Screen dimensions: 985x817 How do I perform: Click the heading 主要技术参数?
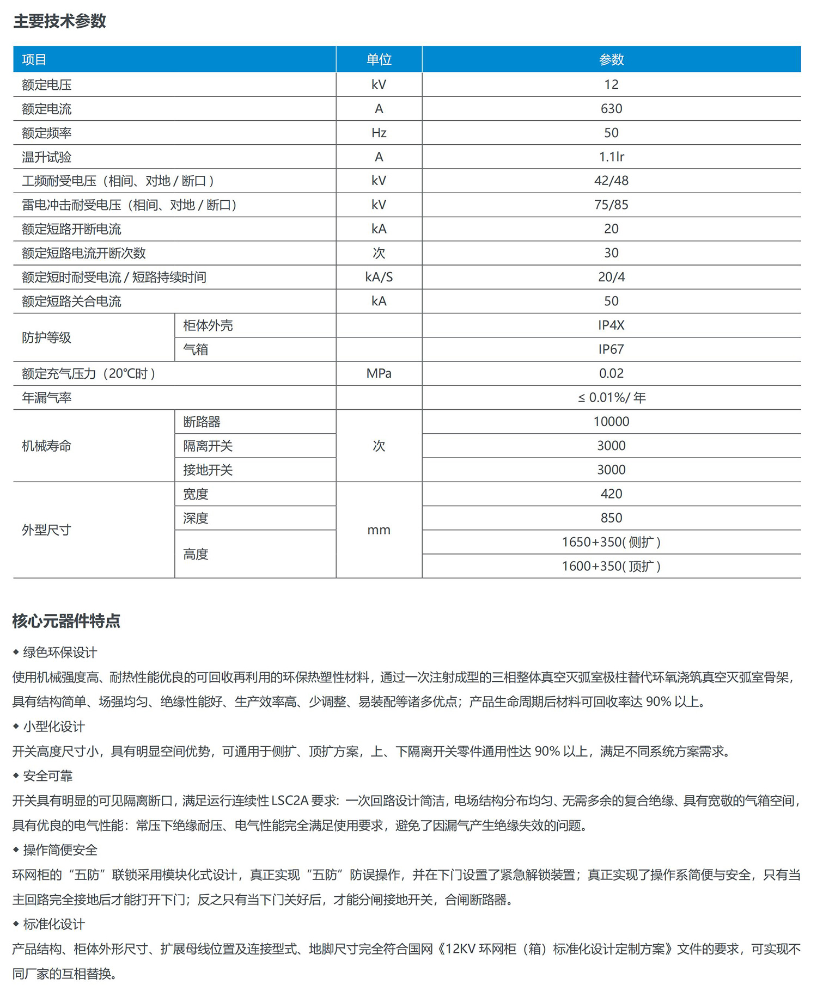click(x=59, y=21)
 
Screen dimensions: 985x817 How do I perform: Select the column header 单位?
click(x=379, y=59)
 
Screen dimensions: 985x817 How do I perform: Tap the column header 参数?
click(x=611, y=59)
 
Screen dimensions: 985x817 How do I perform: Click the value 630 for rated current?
click(x=611, y=109)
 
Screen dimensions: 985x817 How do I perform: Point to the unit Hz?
click(x=379, y=133)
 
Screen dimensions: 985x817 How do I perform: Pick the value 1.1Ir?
click(x=611, y=157)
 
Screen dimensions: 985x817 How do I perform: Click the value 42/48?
click(x=611, y=181)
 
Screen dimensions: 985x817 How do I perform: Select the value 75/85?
click(x=611, y=205)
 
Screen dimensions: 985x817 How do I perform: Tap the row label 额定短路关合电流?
click(x=71, y=301)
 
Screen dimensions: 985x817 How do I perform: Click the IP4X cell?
click(x=611, y=325)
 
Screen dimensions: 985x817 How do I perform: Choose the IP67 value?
click(x=611, y=349)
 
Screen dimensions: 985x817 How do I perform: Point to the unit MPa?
click(x=379, y=373)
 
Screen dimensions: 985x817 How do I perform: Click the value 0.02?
click(x=611, y=373)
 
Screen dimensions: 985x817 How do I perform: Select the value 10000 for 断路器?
click(x=611, y=422)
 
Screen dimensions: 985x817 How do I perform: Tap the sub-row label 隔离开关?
click(x=208, y=446)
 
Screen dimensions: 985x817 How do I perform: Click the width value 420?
click(x=611, y=494)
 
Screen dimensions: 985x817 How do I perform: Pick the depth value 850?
click(x=611, y=518)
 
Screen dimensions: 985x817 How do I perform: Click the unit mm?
click(x=379, y=530)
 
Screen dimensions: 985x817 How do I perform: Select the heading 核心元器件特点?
click(x=66, y=621)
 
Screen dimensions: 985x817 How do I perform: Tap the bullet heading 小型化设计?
click(x=54, y=727)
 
